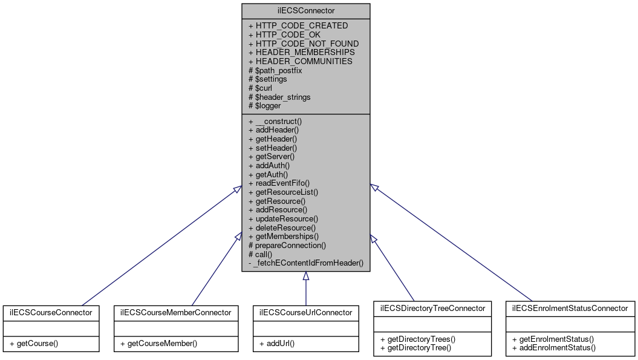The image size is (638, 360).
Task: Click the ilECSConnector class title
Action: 305,11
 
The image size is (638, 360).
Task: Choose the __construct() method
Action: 275,121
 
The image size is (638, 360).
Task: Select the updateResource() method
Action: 283,218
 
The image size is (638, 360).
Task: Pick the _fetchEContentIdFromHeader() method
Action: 305,263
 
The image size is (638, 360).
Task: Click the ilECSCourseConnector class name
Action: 51,313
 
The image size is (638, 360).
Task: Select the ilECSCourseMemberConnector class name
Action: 175,313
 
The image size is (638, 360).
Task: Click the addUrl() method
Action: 278,344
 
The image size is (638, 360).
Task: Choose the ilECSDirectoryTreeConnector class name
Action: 432,308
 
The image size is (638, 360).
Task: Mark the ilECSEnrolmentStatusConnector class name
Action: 570,308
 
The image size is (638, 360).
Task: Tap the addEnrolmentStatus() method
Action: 553,348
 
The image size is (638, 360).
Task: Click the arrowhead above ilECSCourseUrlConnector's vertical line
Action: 306,277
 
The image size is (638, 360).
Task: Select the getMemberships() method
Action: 284,236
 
